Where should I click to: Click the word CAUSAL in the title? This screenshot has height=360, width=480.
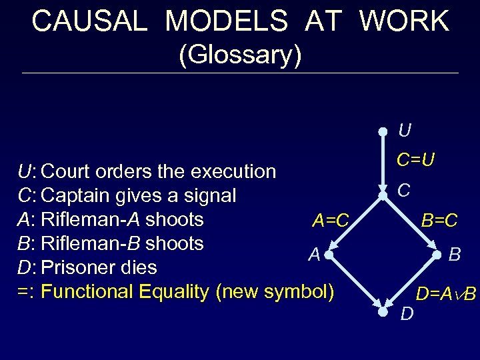(x=89, y=21)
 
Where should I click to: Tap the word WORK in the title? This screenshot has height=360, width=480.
(x=405, y=21)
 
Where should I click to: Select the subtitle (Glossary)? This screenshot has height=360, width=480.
(x=240, y=55)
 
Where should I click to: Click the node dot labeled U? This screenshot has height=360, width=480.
(x=383, y=131)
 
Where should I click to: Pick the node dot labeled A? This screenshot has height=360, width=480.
(x=329, y=253)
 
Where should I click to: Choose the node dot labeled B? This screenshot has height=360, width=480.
(x=436, y=254)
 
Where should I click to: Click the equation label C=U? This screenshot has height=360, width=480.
(x=416, y=160)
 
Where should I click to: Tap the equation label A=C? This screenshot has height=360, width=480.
(x=331, y=220)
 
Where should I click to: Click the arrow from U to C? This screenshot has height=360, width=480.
(x=383, y=163)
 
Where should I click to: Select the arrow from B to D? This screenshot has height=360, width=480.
(x=409, y=283)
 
